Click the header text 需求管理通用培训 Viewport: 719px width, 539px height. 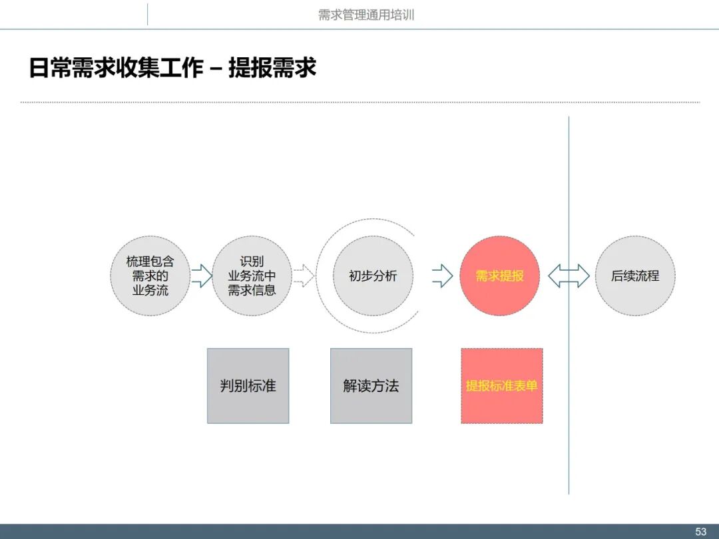366,15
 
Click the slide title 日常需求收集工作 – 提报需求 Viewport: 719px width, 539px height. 172,68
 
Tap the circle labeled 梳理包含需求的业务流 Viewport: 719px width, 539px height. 150,275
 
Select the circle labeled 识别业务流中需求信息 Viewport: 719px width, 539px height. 252,275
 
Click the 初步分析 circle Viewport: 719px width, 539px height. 373,275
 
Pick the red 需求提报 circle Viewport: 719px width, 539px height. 499,275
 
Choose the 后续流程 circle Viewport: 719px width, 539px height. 635,275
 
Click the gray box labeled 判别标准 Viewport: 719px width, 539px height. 248,386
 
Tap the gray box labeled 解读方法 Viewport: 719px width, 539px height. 371,386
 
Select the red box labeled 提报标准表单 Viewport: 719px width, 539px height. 502,386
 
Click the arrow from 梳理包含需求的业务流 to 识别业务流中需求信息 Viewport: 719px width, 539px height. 201,275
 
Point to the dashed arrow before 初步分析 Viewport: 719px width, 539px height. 303,275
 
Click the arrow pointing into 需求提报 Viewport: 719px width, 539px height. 442,275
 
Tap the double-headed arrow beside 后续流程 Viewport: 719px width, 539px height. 569,275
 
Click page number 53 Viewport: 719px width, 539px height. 700,532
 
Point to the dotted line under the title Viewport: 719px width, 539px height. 359,102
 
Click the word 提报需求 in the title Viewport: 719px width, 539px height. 272,68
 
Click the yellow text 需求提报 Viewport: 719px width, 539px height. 499,275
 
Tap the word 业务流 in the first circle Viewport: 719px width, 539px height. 150,290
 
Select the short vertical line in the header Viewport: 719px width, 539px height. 147,15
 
